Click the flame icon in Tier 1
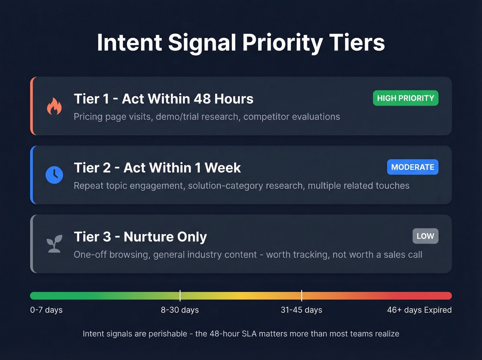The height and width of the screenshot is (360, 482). pyautogui.click(x=54, y=106)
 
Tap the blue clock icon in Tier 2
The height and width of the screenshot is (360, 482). pyautogui.click(x=54, y=175)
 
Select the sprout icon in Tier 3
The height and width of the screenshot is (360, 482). pyautogui.click(x=54, y=244)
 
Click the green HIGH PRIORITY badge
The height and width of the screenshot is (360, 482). pyautogui.click(x=406, y=98)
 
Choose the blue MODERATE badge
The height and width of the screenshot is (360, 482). pyautogui.click(x=412, y=167)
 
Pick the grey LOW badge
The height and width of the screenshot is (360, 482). pyautogui.click(x=425, y=236)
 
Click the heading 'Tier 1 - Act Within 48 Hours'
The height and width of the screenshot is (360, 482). pyautogui.click(x=164, y=99)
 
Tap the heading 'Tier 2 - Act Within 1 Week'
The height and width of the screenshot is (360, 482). pyautogui.click(x=157, y=168)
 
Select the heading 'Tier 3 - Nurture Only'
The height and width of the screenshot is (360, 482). pyautogui.click(x=140, y=237)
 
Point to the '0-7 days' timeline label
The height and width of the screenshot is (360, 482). pyautogui.click(x=46, y=310)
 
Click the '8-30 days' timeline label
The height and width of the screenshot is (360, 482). pyautogui.click(x=180, y=310)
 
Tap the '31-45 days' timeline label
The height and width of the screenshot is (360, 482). pyautogui.click(x=302, y=310)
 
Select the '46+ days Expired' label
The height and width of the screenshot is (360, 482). pyautogui.click(x=419, y=310)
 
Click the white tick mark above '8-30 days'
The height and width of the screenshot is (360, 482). pyautogui.click(x=180, y=296)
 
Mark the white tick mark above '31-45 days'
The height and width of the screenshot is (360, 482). pyautogui.click(x=302, y=296)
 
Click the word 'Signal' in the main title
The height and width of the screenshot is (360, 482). pyautogui.click(x=202, y=43)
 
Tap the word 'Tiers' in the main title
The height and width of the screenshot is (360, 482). pyautogui.click(x=357, y=43)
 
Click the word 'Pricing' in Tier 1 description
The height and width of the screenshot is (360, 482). pyautogui.click(x=88, y=117)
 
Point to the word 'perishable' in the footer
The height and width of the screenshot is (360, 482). pyautogui.click(x=168, y=333)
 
